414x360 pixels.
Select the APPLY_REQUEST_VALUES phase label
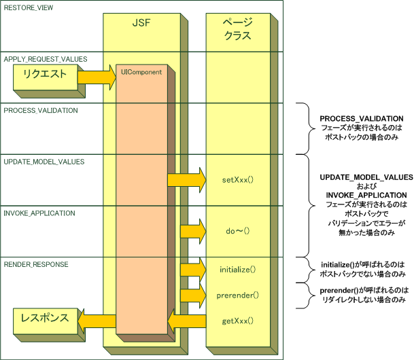coord(46,59)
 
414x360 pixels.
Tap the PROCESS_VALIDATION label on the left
coord(41,110)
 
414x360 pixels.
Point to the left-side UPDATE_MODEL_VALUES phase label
coord(44,161)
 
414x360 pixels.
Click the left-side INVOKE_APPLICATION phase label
coord(39,212)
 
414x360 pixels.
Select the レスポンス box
coord(44,317)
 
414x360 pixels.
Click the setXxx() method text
coord(238,181)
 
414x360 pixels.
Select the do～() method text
coord(237,232)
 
